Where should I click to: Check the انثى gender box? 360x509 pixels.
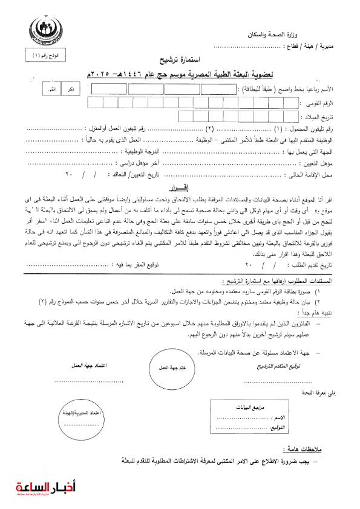pos(53,89)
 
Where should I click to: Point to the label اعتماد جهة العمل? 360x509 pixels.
pos(75,366)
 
